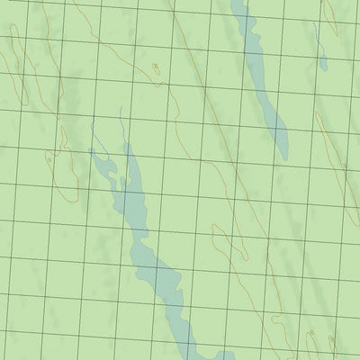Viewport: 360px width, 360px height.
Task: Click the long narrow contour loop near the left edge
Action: tap(17, 63)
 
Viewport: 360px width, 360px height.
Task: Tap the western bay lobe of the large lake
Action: tap(103, 166)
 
